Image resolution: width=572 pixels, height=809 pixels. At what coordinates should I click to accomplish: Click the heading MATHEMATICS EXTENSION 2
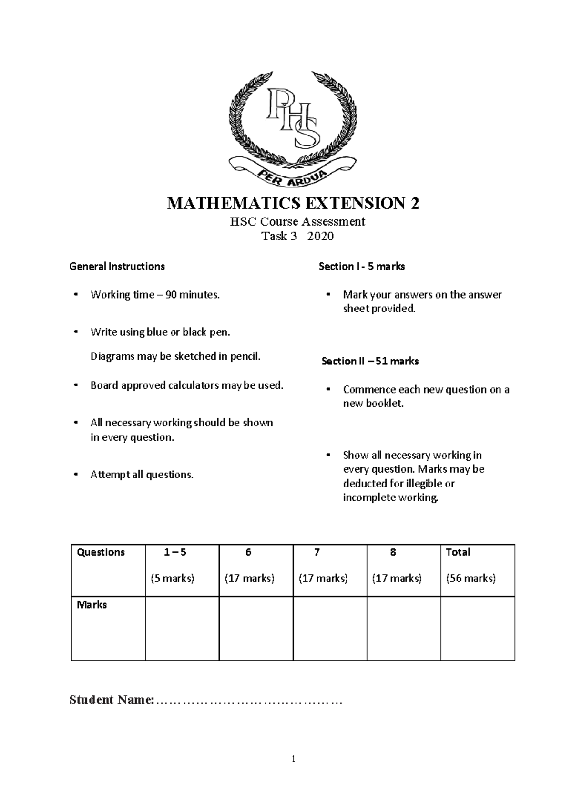(x=293, y=204)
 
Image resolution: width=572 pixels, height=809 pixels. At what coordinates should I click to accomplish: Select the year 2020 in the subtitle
(x=320, y=236)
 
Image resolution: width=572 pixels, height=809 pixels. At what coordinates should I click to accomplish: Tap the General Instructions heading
(x=117, y=266)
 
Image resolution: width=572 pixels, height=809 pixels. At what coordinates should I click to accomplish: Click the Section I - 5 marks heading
(x=361, y=266)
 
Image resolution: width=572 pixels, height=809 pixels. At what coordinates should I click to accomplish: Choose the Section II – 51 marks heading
(x=370, y=361)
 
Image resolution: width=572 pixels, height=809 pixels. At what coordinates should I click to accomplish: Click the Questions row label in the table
(x=101, y=552)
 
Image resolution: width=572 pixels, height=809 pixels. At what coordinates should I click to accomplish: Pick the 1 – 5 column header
(x=175, y=552)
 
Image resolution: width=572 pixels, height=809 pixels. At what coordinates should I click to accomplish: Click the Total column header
(x=458, y=552)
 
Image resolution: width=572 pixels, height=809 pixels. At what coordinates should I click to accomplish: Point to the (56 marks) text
(x=470, y=579)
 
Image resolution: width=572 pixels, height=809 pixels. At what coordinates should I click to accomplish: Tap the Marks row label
(x=92, y=604)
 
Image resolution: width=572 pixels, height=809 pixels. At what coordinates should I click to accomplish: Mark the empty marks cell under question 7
(x=330, y=628)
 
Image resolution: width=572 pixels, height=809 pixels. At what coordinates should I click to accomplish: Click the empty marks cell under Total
(x=478, y=628)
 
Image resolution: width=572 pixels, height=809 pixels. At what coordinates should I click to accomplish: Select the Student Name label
(x=112, y=700)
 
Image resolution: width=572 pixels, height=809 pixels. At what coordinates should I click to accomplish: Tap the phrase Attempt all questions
(x=142, y=475)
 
